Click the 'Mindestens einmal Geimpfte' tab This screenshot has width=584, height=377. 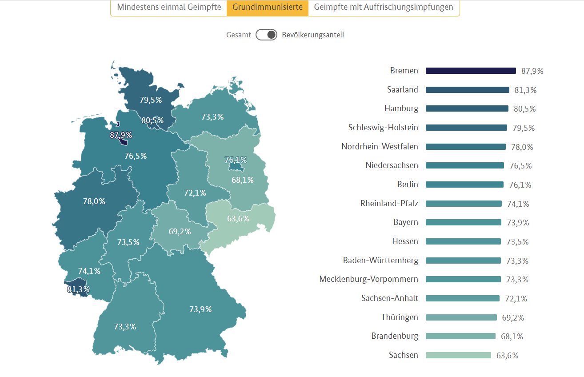[169, 7]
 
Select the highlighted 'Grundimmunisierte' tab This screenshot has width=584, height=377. [268, 7]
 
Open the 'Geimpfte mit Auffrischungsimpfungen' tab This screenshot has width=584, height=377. [384, 7]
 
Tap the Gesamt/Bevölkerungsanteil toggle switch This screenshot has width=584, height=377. [266, 35]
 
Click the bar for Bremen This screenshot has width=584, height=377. [471, 71]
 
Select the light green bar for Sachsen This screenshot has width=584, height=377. [458, 355]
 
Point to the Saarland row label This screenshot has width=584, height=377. [403, 90]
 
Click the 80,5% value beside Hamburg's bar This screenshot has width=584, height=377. [524, 109]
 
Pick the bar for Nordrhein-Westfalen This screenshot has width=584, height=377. [465, 147]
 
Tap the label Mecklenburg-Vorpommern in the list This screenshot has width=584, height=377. [368, 279]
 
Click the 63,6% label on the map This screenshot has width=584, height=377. [238, 219]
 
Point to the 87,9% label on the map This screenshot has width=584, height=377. [121, 135]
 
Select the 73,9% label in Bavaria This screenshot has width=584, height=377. [200, 309]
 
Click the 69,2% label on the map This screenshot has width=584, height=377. [180, 232]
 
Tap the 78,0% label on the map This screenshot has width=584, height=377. [94, 201]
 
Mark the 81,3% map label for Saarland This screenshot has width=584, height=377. [79, 289]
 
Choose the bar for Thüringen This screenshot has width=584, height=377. [461, 317]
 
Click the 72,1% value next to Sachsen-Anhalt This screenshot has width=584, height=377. [516, 299]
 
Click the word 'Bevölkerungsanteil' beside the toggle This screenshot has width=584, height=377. [313, 35]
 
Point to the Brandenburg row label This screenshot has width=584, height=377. [395, 336]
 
